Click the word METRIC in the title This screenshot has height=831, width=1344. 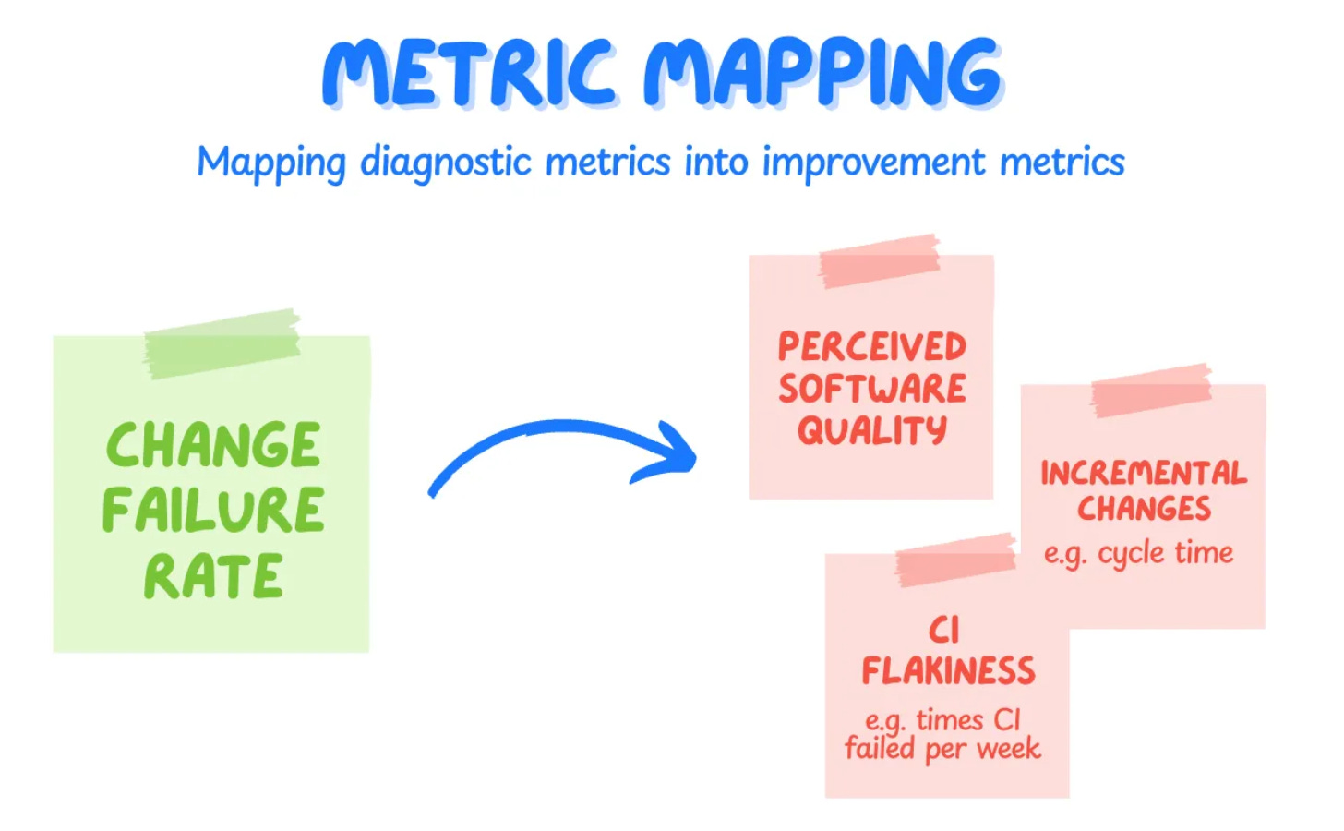pos(468,74)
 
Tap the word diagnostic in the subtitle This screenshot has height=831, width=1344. pos(446,163)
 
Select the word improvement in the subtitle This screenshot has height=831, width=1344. pos(873,163)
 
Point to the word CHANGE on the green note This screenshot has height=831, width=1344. pos(213,446)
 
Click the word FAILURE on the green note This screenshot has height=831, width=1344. pos(213,511)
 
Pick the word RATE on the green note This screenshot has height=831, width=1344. pos(213,577)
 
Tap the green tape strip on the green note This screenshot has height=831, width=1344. pos(222,343)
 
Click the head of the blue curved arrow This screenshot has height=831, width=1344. pos(674,450)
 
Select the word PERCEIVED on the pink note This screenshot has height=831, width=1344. pos(871,347)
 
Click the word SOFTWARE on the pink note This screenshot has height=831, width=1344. pos(871,389)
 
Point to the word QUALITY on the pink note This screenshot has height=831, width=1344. pos(871,430)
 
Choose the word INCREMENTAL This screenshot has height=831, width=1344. pos(1143,473)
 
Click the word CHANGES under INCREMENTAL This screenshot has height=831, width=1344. pos(1144,509)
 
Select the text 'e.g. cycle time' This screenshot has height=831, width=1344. pos(1138,553)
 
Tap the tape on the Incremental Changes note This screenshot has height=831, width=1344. pos(1150,389)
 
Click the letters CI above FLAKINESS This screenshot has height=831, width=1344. pos(944,630)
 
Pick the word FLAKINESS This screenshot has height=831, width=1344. pos(948,671)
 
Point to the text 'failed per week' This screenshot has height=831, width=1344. pos(942,749)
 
